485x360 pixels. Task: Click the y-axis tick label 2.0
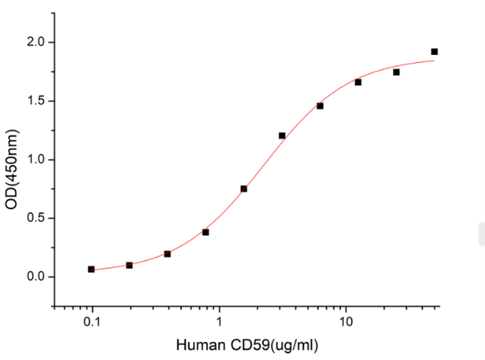click(x=36, y=43)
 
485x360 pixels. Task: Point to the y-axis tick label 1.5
click(x=36, y=101)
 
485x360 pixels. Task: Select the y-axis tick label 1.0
click(x=36, y=160)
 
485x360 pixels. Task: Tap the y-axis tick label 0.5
click(x=36, y=218)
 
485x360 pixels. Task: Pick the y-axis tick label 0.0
click(x=36, y=277)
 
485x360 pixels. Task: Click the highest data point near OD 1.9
click(x=434, y=51)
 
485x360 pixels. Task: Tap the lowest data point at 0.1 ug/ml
click(x=91, y=269)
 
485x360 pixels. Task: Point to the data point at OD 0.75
click(x=244, y=189)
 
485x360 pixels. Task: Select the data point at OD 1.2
click(x=282, y=136)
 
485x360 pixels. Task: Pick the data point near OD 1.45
click(x=320, y=106)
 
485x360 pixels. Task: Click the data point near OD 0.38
click(x=206, y=232)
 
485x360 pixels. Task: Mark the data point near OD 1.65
click(x=358, y=82)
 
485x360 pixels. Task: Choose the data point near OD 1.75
click(x=396, y=72)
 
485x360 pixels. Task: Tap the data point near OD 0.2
click(x=168, y=254)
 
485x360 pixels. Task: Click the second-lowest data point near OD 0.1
click(x=129, y=265)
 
